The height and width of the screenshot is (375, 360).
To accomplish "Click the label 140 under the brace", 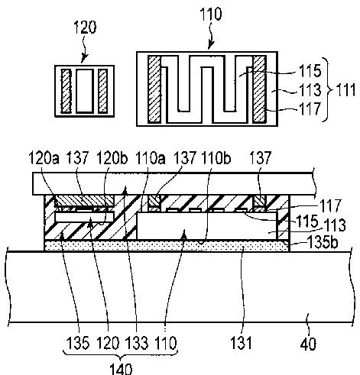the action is (x=121, y=369).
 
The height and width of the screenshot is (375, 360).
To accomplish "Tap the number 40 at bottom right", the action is (x=308, y=344).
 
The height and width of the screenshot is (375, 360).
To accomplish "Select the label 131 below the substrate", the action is (x=241, y=343).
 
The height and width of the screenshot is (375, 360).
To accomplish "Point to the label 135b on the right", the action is (x=323, y=242).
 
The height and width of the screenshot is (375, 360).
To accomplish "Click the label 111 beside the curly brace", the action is (x=345, y=90).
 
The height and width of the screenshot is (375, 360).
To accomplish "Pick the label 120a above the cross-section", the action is (x=44, y=158).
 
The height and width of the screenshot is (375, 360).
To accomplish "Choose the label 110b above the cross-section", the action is (x=216, y=157).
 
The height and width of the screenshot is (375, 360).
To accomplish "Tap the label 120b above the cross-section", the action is (x=112, y=158).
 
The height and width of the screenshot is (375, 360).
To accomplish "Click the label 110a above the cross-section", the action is (x=150, y=158).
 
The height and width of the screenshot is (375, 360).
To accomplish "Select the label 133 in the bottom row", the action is (x=137, y=343).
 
